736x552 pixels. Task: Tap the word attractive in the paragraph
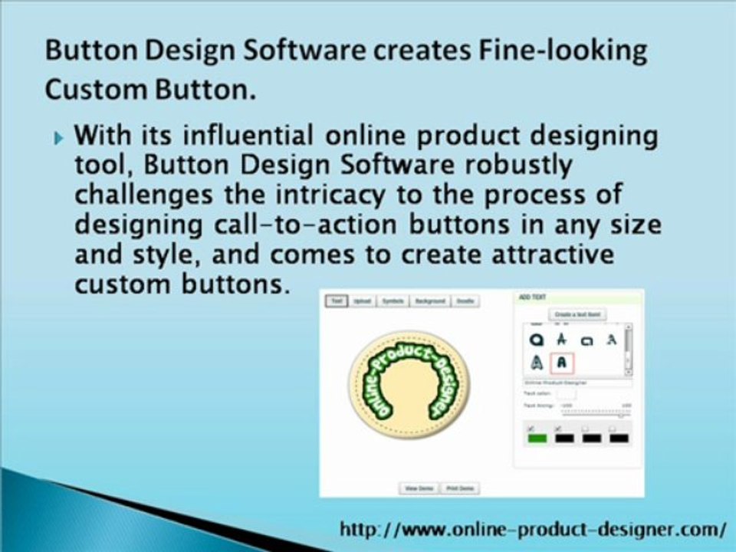point(537,254)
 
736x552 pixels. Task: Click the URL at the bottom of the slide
point(534,530)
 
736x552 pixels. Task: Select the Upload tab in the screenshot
point(362,301)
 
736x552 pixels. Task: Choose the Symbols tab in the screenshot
point(393,301)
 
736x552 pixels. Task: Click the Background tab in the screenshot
point(430,301)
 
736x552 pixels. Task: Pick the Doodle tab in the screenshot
point(465,301)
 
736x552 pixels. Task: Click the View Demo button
point(419,488)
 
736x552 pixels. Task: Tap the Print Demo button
point(460,488)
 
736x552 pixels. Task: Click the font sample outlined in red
point(562,361)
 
